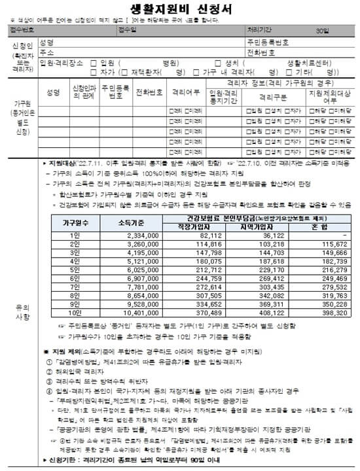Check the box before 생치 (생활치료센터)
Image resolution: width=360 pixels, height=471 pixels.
coord(232,63)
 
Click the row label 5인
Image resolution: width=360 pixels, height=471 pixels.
coord(59,270)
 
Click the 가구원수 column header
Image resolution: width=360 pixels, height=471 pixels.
coord(59,222)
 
